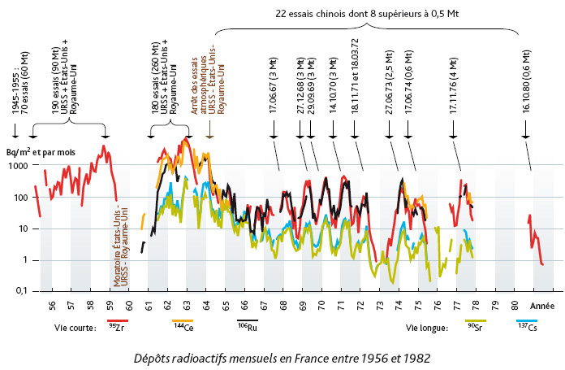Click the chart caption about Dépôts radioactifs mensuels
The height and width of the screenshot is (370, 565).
click(282, 356)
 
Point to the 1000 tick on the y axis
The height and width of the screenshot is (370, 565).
click(18, 165)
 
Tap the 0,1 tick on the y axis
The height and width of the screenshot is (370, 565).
click(20, 291)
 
